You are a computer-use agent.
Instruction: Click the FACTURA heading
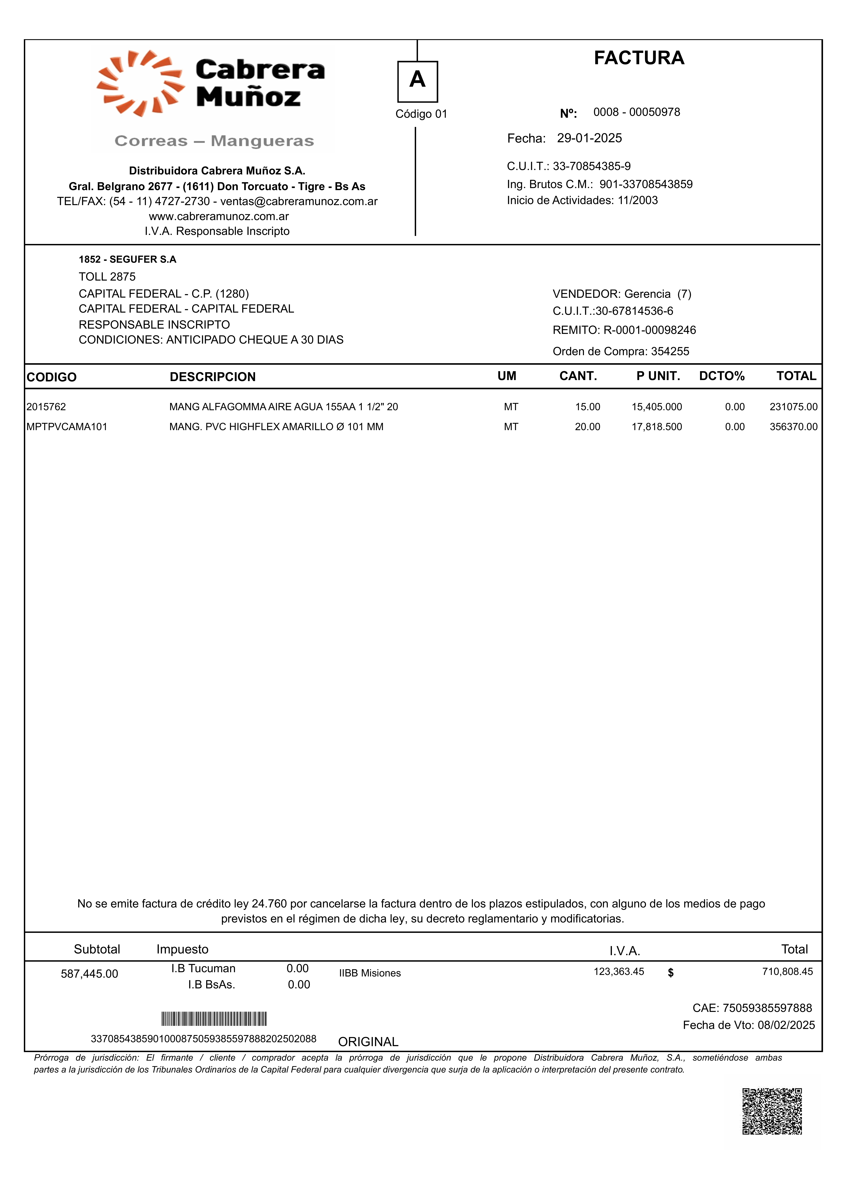[639, 58]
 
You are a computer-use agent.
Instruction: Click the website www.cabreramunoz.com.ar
[218, 216]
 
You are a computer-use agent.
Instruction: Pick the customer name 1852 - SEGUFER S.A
[127, 259]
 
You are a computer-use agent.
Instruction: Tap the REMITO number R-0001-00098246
[649, 330]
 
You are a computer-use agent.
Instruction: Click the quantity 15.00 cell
[587, 407]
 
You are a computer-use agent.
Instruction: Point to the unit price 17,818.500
[657, 427]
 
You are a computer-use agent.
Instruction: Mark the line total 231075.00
[794, 407]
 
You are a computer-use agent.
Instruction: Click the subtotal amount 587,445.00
[89, 974]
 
